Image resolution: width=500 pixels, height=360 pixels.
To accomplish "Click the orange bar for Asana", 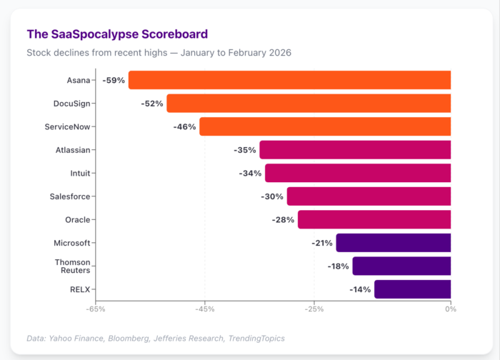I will click(289, 80).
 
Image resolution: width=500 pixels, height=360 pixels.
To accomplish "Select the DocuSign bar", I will click(309, 104).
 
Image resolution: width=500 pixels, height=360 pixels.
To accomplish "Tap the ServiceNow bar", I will click(325, 126).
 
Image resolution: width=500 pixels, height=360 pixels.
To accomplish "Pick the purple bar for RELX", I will click(412, 289).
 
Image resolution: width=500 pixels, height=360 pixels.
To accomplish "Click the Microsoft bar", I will click(393, 243).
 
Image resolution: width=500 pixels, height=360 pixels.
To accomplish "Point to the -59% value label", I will click(114, 80).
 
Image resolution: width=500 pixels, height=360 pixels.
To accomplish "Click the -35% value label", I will click(245, 150).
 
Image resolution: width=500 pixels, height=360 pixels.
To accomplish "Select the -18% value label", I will click(338, 266).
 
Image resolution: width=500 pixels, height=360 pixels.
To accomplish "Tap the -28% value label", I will click(283, 220).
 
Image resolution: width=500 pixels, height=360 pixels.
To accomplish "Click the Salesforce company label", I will click(70, 196).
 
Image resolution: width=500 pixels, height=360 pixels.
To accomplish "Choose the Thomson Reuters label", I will click(72, 266).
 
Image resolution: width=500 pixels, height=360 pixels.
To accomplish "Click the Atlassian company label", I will click(73, 150).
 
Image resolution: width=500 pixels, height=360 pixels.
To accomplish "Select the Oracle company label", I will click(77, 220).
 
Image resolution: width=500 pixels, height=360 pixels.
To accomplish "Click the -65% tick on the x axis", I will click(96, 309).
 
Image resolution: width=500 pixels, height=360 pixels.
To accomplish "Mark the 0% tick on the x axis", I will click(450, 309).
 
